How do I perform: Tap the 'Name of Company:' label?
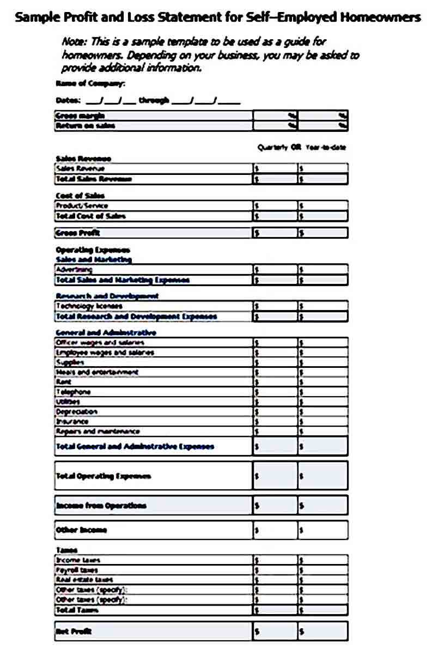pyautogui.click(x=90, y=83)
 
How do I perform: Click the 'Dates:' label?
pyautogui.click(x=68, y=100)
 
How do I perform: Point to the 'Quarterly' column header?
pyautogui.click(x=272, y=147)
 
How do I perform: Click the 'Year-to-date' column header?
pyautogui.click(x=326, y=147)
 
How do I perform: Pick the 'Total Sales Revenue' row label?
pyautogui.click(x=93, y=179)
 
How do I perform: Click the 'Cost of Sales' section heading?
pyautogui.click(x=80, y=195)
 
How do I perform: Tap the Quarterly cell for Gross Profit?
pyautogui.click(x=275, y=233)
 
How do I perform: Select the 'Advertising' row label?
pyautogui.click(x=74, y=269)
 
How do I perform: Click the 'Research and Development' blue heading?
pyautogui.click(x=107, y=296)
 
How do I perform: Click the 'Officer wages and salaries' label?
pyautogui.click(x=100, y=343)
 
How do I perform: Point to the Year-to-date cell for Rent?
pyautogui.click(x=323, y=382)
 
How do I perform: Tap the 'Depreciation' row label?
pyautogui.click(x=76, y=411)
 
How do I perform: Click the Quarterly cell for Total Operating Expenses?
pyautogui.click(x=275, y=476)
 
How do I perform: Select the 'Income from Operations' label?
pyautogui.click(x=101, y=506)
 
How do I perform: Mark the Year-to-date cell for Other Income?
pyautogui.click(x=323, y=530)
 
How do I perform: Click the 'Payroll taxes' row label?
pyautogui.click(x=77, y=570)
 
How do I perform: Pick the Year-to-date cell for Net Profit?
pyautogui.click(x=323, y=631)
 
